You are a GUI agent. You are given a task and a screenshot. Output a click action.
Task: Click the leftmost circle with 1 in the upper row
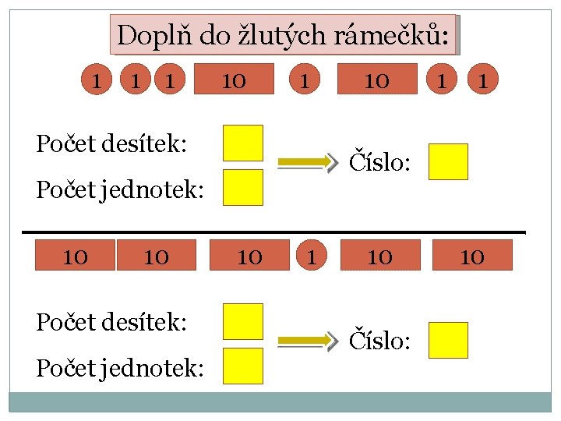97,79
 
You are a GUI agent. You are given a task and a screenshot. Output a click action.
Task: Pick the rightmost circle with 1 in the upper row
483,79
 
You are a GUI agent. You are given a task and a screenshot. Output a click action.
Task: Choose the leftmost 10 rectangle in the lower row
75,256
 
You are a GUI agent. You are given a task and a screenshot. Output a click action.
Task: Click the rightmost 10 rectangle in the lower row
473,256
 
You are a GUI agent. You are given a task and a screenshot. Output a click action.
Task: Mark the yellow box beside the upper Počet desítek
243,143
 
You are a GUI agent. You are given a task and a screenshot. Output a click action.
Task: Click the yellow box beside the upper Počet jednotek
243,187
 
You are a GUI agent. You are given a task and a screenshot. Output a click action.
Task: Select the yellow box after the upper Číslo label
448,161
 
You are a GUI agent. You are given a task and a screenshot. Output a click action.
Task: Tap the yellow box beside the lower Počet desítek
243,321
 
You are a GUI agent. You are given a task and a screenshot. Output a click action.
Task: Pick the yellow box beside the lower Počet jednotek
243,366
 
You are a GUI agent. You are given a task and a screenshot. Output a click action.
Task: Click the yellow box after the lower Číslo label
448,340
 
